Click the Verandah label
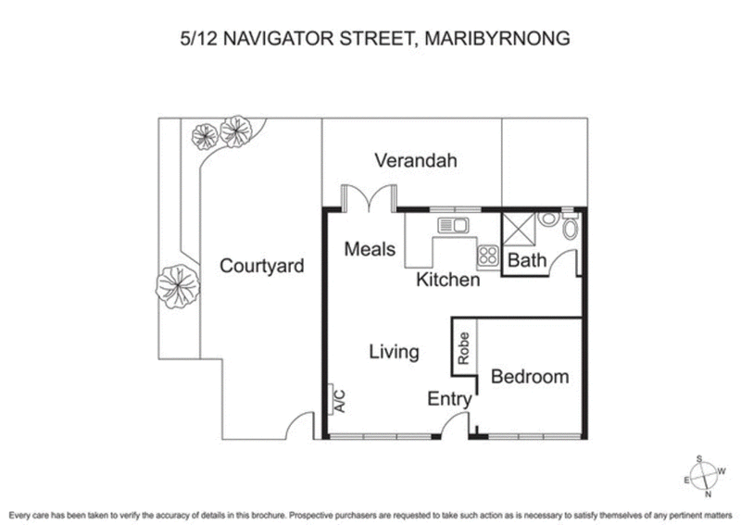point(416,160)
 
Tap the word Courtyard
point(262,267)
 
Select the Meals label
point(370,249)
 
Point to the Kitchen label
point(447,279)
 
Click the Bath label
point(528,261)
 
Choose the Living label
point(394,352)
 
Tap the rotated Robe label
point(464,346)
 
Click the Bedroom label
point(529,377)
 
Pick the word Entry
point(450,400)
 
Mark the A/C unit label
point(339,401)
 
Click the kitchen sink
point(455,224)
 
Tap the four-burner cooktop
point(487,256)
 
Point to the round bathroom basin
point(547,220)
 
